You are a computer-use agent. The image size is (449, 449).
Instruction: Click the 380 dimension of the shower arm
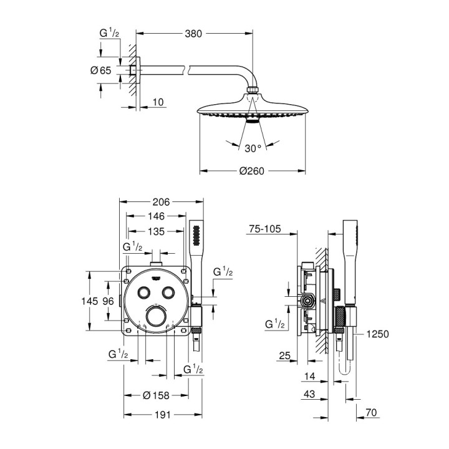tap(194, 34)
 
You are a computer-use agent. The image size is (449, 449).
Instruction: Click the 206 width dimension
tap(162, 202)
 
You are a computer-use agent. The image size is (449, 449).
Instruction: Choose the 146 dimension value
tap(156, 216)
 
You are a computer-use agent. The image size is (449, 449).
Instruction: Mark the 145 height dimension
tap(90, 301)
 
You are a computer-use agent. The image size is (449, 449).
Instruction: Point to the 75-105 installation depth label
tap(265, 229)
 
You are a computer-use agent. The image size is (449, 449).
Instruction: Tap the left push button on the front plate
tap(144, 294)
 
